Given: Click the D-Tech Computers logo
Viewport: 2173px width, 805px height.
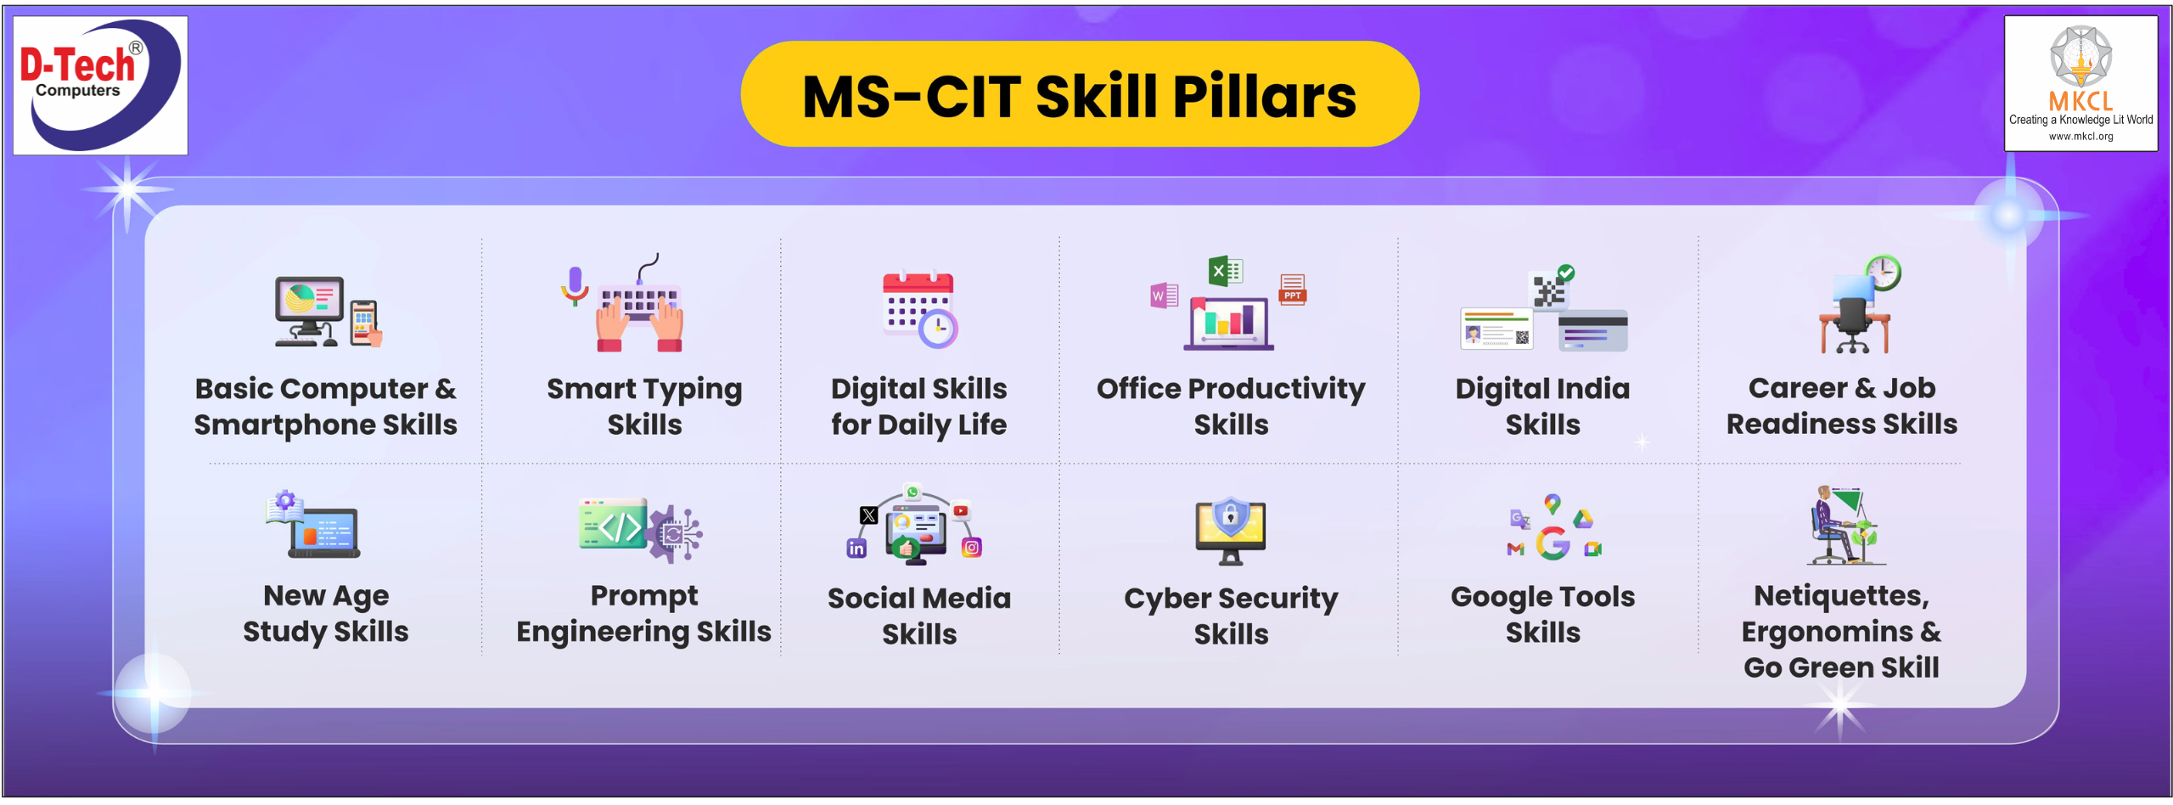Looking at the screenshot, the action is (100, 85).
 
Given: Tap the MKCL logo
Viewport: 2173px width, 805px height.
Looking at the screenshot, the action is (2080, 83).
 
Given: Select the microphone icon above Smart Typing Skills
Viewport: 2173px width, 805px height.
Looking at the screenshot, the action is (575, 285).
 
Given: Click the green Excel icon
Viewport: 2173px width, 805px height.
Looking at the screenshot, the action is (1225, 271).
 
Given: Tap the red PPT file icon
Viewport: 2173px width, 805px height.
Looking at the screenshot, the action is (1292, 289).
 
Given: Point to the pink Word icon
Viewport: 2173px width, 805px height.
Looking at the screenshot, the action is (1164, 296).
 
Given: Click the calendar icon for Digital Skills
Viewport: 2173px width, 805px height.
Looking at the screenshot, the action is (920, 310).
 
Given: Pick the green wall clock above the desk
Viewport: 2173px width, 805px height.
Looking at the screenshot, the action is (1883, 273).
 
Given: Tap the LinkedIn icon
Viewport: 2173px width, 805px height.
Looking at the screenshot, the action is (856, 549).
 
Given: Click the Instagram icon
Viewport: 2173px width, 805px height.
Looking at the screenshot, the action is (971, 548).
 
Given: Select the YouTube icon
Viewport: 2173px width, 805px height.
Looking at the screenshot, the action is (960, 511).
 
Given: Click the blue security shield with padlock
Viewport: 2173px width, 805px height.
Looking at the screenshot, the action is (1230, 515).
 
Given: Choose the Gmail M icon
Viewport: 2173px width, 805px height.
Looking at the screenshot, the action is (1515, 549).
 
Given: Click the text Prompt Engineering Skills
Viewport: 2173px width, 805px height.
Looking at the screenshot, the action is (643, 613).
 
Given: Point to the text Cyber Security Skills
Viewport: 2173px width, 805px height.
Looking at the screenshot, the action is (1231, 616).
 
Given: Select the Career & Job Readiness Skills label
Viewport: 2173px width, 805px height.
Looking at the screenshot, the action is (1842, 405).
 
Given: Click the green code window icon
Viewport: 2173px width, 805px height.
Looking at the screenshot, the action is (613, 524).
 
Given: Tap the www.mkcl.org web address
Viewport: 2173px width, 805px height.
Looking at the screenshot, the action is (2080, 136).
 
